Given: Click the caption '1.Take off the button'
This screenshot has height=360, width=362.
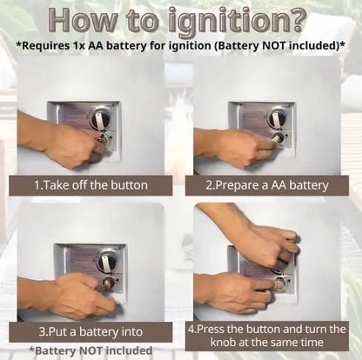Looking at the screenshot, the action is click(90, 185).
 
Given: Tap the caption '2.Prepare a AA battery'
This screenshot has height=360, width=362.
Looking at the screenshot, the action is click(266, 185).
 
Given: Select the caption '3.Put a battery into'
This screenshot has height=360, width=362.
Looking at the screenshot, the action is click(90, 331).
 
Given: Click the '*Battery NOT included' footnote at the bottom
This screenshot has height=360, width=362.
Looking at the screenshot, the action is click(90, 350).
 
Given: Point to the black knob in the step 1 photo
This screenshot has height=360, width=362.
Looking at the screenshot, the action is click(100, 117).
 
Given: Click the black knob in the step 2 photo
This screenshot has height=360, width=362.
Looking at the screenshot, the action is click(276, 117).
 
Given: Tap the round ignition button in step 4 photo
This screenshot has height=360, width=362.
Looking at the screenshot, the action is click(279, 284).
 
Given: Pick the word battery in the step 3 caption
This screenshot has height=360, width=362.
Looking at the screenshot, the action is click(99, 332).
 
